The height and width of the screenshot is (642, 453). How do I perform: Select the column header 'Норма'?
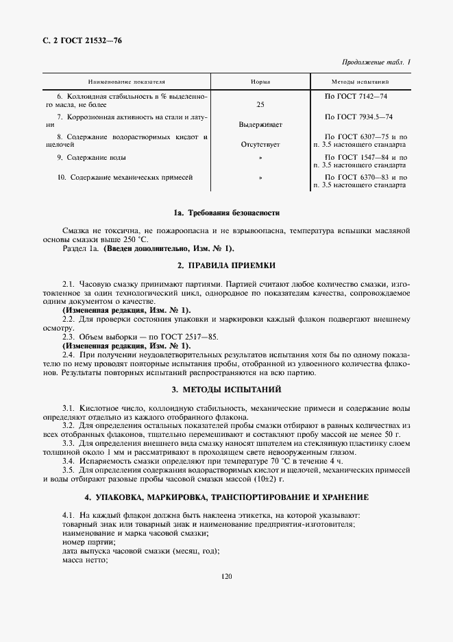[260, 82]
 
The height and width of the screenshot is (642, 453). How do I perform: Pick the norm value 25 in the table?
[260, 104]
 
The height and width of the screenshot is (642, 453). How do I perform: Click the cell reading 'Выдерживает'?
[260, 125]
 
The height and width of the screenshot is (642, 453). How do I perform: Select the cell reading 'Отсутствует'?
[260, 145]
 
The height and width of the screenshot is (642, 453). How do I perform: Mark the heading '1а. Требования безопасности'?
[227, 213]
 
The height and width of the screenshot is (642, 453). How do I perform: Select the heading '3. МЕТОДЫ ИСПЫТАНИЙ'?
[227, 390]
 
